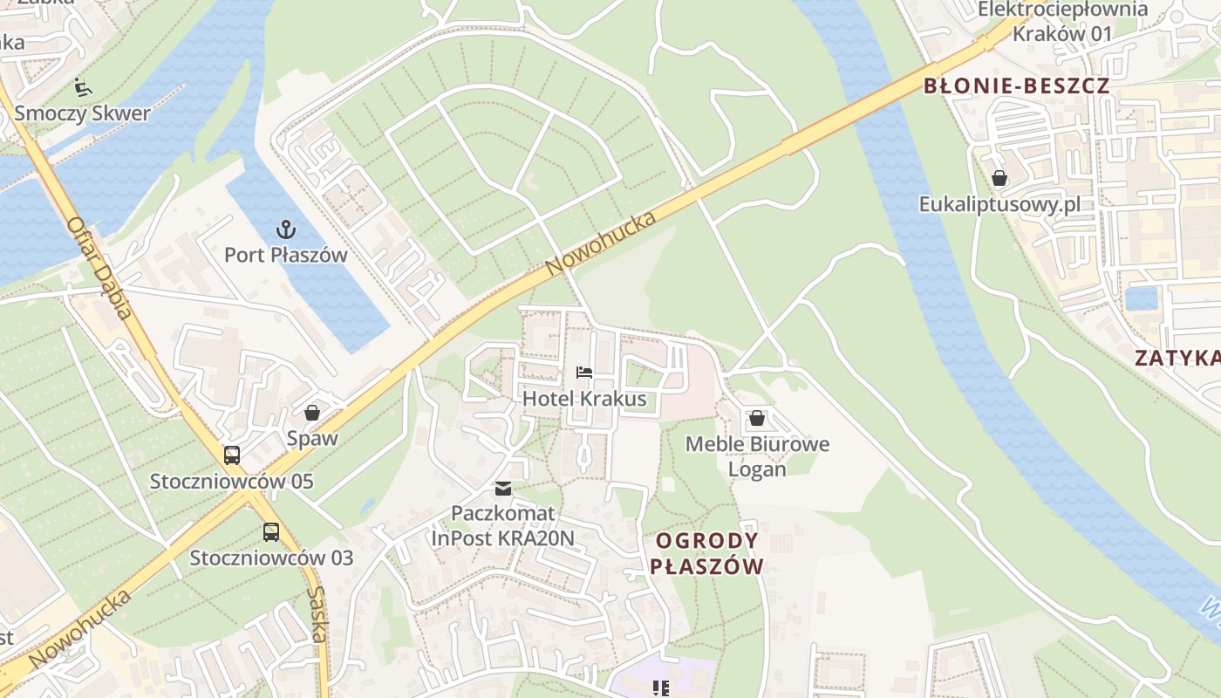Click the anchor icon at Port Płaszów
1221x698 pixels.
click(285, 229)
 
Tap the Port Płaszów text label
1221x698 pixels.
click(285, 255)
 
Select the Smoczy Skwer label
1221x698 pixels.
click(82, 113)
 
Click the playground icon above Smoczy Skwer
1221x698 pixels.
click(82, 86)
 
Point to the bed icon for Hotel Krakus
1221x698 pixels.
click(584, 373)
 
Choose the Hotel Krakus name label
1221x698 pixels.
click(584, 399)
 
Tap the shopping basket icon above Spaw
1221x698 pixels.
click(312, 413)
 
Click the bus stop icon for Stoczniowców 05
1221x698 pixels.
click(232, 455)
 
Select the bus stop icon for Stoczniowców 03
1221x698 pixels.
click(271, 531)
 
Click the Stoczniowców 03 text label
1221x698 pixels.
click(271, 558)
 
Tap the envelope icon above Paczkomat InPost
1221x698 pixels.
click(503, 488)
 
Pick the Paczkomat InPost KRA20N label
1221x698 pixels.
click(503, 525)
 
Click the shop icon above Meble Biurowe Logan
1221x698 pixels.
click(757, 418)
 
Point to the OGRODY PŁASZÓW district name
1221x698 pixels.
click(706, 553)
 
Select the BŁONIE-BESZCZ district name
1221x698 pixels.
click(1016, 86)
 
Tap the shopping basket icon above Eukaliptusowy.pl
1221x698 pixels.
click(999, 179)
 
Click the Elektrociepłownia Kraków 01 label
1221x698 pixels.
click(1062, 22)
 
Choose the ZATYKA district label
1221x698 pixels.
click(1177, 358)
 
